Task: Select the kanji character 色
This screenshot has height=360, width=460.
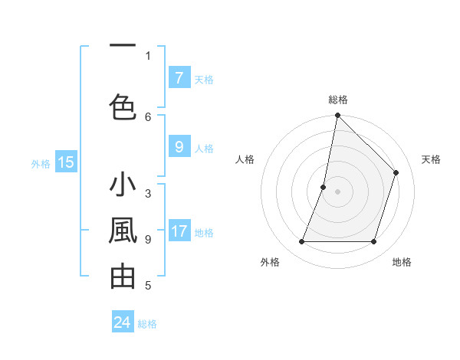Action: pyautogui.click(x=123, y=106)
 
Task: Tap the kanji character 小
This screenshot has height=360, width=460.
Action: pyautogui.click(x=123, y=186)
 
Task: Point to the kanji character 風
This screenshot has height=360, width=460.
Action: pyautogui.click(x=123, y=231)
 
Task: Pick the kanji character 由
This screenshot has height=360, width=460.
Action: pyautogui.click(x=123, y=277)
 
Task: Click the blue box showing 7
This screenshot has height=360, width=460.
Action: pyautogui.click(x=179, y=78)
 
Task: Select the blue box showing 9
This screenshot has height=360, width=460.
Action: pyautogui.click(x=179, y=148)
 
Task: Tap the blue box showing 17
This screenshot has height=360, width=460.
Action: pyautogui.click(x=179, y=231)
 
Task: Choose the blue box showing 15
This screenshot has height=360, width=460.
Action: pyautogui.click(x=65, y=162)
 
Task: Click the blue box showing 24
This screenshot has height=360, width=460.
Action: pyautogui.click(x=123, y=322)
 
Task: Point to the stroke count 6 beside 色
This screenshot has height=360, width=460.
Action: pyautogui.click(x=148, y=116)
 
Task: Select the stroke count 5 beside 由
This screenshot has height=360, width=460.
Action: pyautogui.click(x=148, y=286)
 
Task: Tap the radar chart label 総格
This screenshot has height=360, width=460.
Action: pyautogui.click(x=337, y=100)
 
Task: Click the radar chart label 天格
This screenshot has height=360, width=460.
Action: pyautogui.click(x=431, y=159)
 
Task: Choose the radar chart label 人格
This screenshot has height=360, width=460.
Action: pyautogui.click(x=245, y=159)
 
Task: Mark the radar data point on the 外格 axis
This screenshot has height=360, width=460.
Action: pyautogui.click(x=301, y=242)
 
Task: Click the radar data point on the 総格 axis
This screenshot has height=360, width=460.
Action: pyautogui.click(x=337, y=115)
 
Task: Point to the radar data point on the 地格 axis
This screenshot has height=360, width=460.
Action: pyautogui.click(x=374, y=242)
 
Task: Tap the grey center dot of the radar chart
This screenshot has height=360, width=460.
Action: pyautogui.click(x=337, y=191)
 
